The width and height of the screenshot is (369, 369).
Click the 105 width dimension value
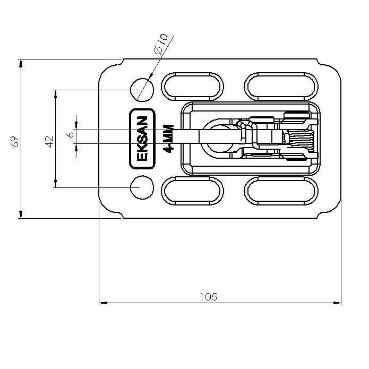point(208,297)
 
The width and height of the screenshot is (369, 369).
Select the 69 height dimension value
point(15,141)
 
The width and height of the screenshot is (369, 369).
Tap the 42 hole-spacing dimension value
point(50,141)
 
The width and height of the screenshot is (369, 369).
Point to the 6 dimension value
point(70,135)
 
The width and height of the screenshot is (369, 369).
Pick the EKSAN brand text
point(142,139)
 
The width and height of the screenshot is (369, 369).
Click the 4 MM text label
point(169,139)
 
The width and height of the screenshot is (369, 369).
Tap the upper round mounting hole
point(142,90)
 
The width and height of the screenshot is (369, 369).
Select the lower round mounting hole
point(142,187)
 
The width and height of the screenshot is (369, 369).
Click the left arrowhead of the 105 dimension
point(103,303)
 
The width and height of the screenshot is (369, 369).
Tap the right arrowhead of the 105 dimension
point(337,303)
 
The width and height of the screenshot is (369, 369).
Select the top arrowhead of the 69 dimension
point(21,64)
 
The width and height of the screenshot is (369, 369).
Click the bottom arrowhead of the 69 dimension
point(21,214)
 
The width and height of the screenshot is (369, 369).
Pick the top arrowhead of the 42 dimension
point(56,94)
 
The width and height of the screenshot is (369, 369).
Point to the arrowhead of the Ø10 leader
point(151,75)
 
